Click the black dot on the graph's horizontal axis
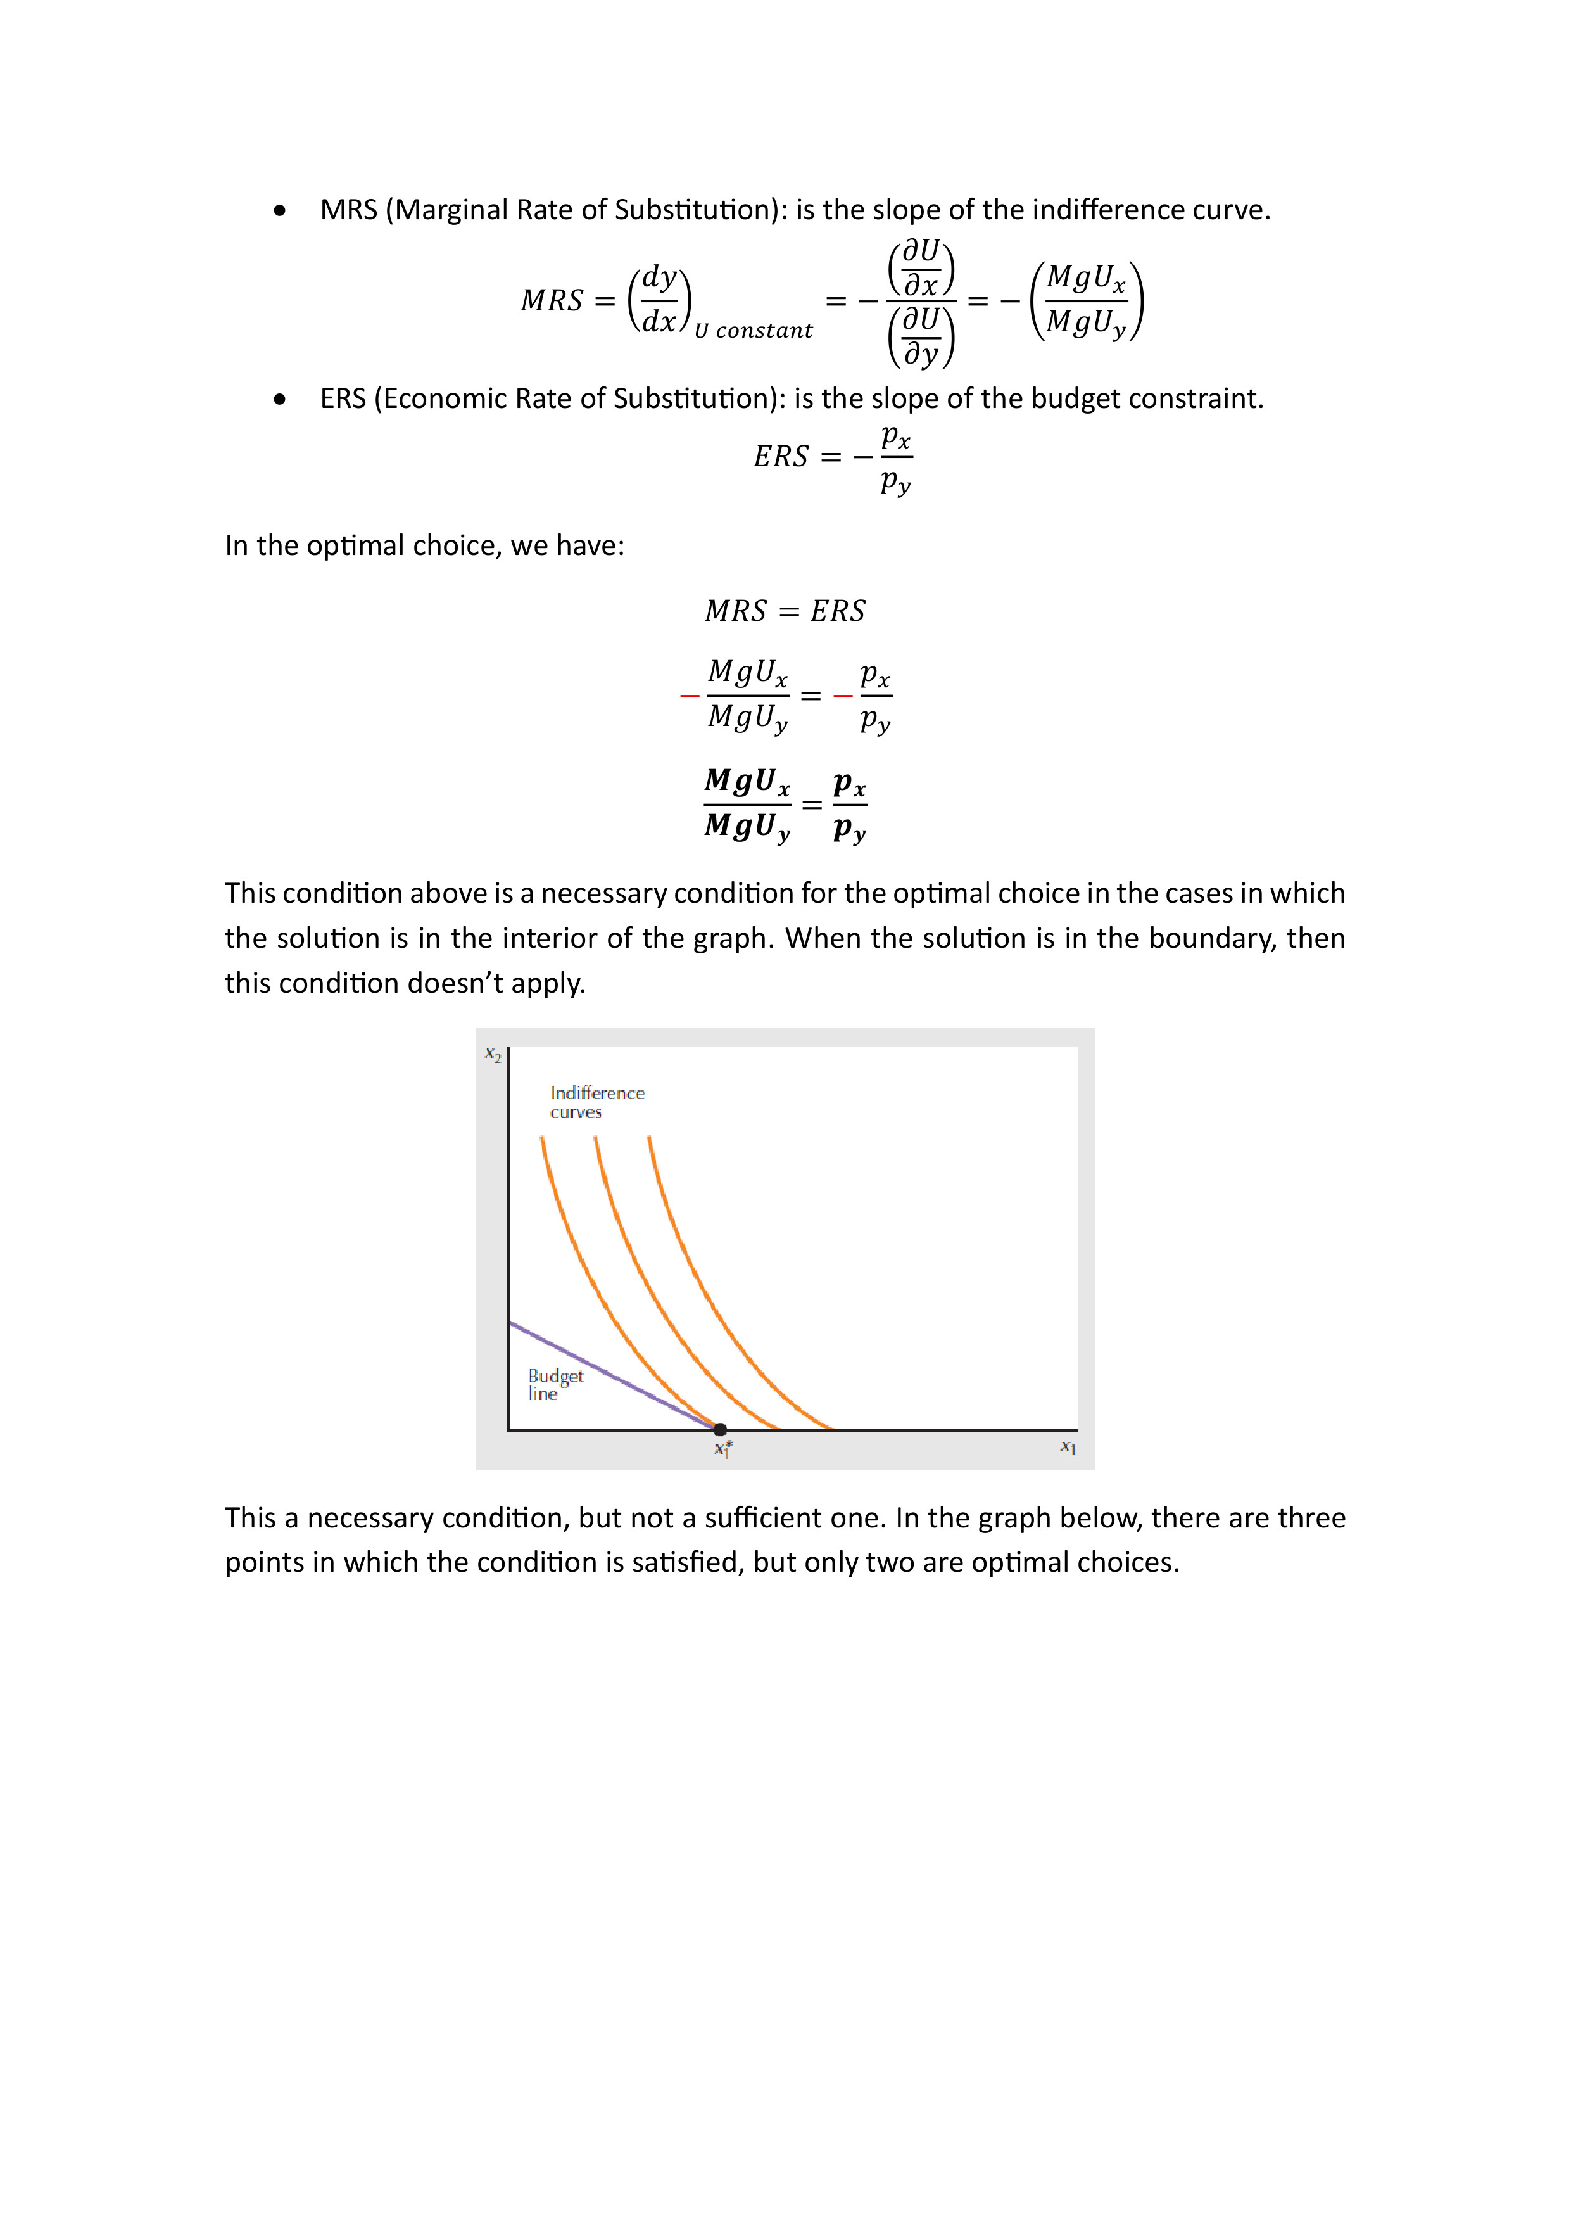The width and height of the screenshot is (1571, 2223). pos(720,1429)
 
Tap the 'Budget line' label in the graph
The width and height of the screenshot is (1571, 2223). pos(555,1384)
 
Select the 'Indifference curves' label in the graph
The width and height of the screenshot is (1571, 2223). pos(596,1102)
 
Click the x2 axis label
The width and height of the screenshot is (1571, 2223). pos(493,1054)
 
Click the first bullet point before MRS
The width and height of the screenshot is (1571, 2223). pos(281,210)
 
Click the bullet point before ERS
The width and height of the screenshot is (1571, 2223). pos(281,399)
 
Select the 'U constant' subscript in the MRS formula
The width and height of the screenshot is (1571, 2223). pos(753,331)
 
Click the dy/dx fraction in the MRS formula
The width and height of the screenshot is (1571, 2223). pos(659,299)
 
